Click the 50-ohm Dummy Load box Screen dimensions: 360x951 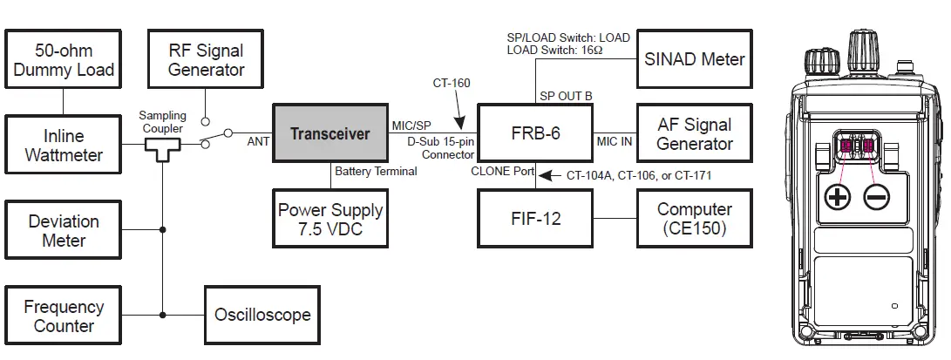coord(64,59)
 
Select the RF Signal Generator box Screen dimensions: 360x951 coord(206,59)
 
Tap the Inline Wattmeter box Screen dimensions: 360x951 coord(64,145)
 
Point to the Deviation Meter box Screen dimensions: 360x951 coord(64,230)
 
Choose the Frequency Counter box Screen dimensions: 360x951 coord(64,316)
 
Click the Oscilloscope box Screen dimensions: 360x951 coord(262,315)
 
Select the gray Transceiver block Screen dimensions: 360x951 coord(329,133)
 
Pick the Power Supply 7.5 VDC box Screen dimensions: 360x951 coord(329,220)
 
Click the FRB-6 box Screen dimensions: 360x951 coord(535,133)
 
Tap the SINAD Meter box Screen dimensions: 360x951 coord(694,59)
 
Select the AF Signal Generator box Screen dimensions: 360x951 coord(694,133)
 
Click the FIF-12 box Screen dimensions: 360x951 coord(535,219)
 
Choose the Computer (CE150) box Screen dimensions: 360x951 coord(694,219)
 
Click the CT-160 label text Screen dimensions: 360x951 coord(452,84)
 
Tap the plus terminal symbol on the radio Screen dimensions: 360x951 coord(838,197)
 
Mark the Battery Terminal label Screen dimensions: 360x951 coord(376,172)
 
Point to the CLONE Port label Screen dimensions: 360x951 coord(502,172)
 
